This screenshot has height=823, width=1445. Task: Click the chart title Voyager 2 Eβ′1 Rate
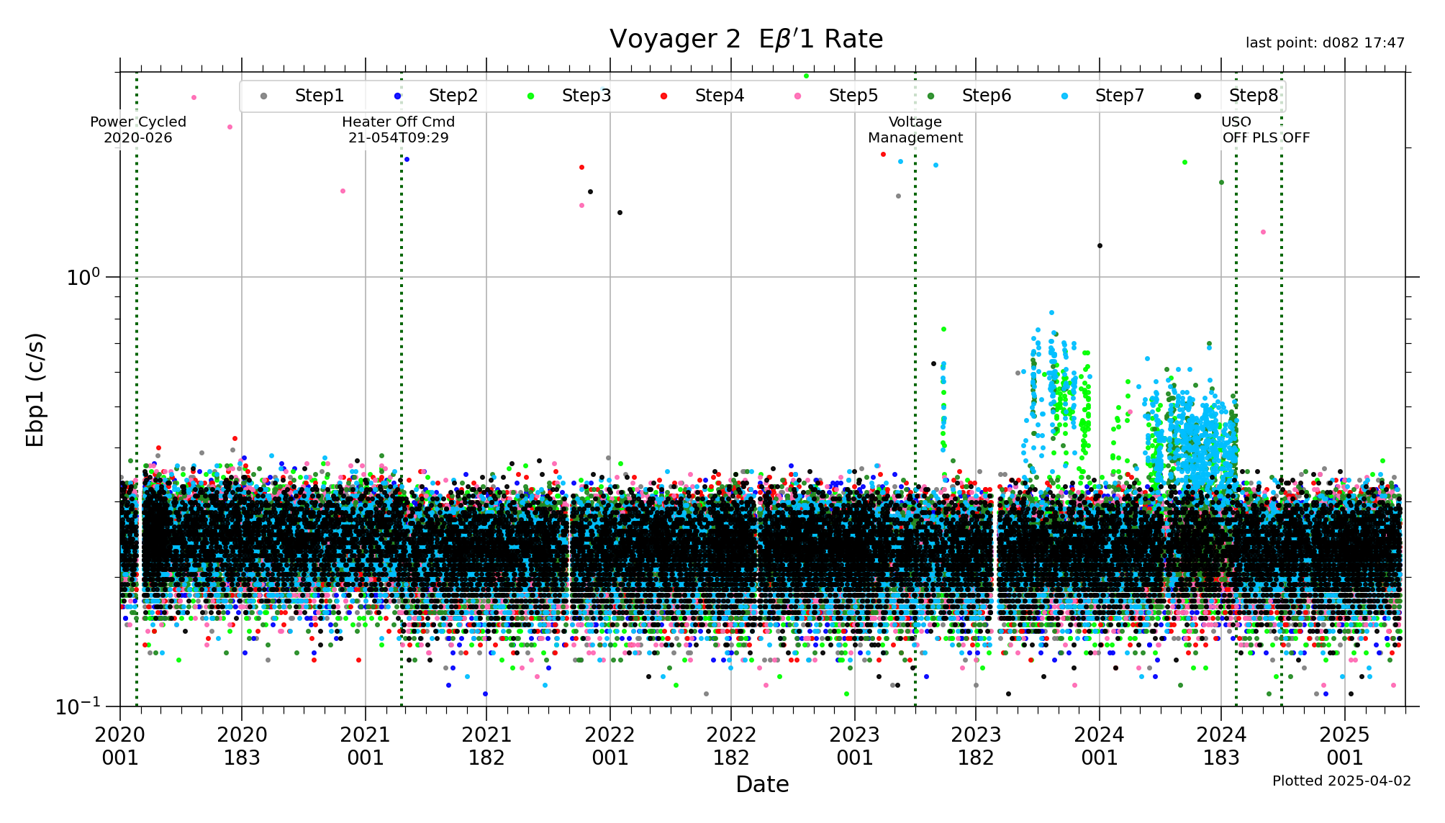[746, 39]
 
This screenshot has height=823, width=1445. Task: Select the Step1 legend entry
[319, 96]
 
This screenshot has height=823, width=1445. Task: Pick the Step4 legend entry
[719, 96]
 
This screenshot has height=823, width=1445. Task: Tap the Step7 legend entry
[1119, 96]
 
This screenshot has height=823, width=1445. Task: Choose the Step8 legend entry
[1253, 96]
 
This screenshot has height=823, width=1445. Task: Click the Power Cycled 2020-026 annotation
[138, 129]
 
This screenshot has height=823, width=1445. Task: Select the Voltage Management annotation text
[915, 129]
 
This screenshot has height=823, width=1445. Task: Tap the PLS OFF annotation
[1281, 137]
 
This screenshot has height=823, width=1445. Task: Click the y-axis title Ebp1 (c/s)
[35, 389]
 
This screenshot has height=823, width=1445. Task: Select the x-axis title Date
[762, 784]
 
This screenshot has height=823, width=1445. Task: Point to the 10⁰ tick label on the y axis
[83, 277]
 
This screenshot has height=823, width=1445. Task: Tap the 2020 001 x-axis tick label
[120, 746]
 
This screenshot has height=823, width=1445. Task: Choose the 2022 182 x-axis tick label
[731, 746]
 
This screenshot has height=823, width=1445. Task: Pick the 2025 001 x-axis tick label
[1344, 746]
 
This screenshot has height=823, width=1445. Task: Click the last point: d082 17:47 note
[1325, 43]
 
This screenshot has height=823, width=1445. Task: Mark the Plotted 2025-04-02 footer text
[1341, 781]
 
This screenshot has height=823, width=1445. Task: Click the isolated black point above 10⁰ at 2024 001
[1100, 246]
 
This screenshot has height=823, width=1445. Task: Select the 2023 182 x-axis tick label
[976, 746]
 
